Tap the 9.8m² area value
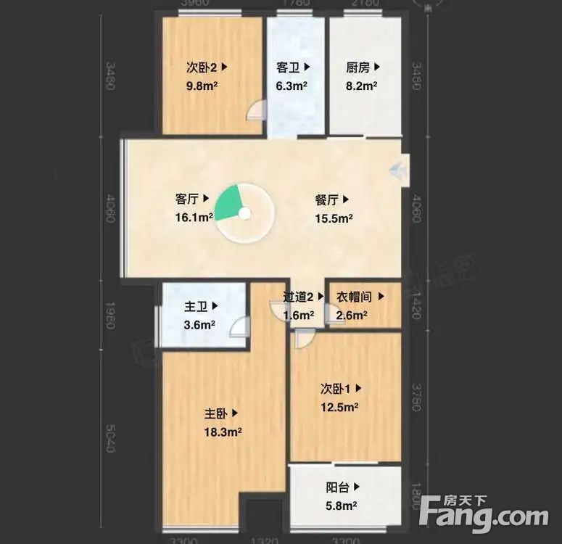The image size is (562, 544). pyautogui.click(x=203, y=85)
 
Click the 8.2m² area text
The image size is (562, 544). pyautogui.click(x=360, y=85)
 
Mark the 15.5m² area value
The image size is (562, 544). pyautogui.click(x=334, y=217)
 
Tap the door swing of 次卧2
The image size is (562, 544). pyautogui.click(x=256, y=110)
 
